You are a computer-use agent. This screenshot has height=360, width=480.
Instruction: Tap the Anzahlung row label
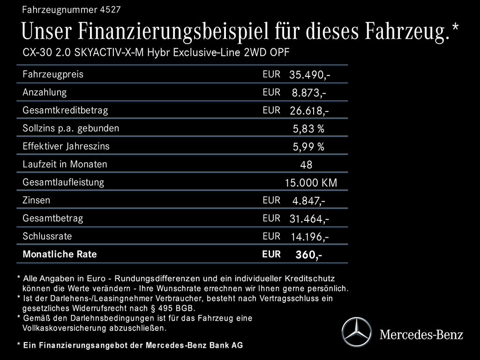(45, 92)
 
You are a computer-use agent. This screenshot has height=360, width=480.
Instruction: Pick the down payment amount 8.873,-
(309, 93)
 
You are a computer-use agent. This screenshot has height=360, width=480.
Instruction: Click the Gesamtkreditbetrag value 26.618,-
(309, 111)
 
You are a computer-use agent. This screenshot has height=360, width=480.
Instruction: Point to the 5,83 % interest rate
(308, 129)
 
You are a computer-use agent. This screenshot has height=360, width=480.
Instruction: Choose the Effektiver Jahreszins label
(66, 146)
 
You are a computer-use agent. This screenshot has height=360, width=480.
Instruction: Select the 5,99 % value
(308, 147)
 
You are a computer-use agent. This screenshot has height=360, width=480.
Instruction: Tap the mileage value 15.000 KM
(311, 183)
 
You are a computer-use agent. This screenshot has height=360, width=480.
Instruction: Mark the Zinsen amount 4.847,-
(309, 201)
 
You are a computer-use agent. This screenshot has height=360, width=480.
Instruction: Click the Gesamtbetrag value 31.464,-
(309, 219)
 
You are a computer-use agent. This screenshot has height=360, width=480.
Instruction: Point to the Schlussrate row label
(47, 236)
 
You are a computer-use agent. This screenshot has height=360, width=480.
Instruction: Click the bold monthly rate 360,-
(308, 255)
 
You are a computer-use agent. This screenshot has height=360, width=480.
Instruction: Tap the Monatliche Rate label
(60, 255)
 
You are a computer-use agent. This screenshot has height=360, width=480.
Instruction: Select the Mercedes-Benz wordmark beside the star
(421, 335)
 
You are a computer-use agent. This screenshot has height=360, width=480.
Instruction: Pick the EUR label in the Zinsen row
(271, 200)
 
